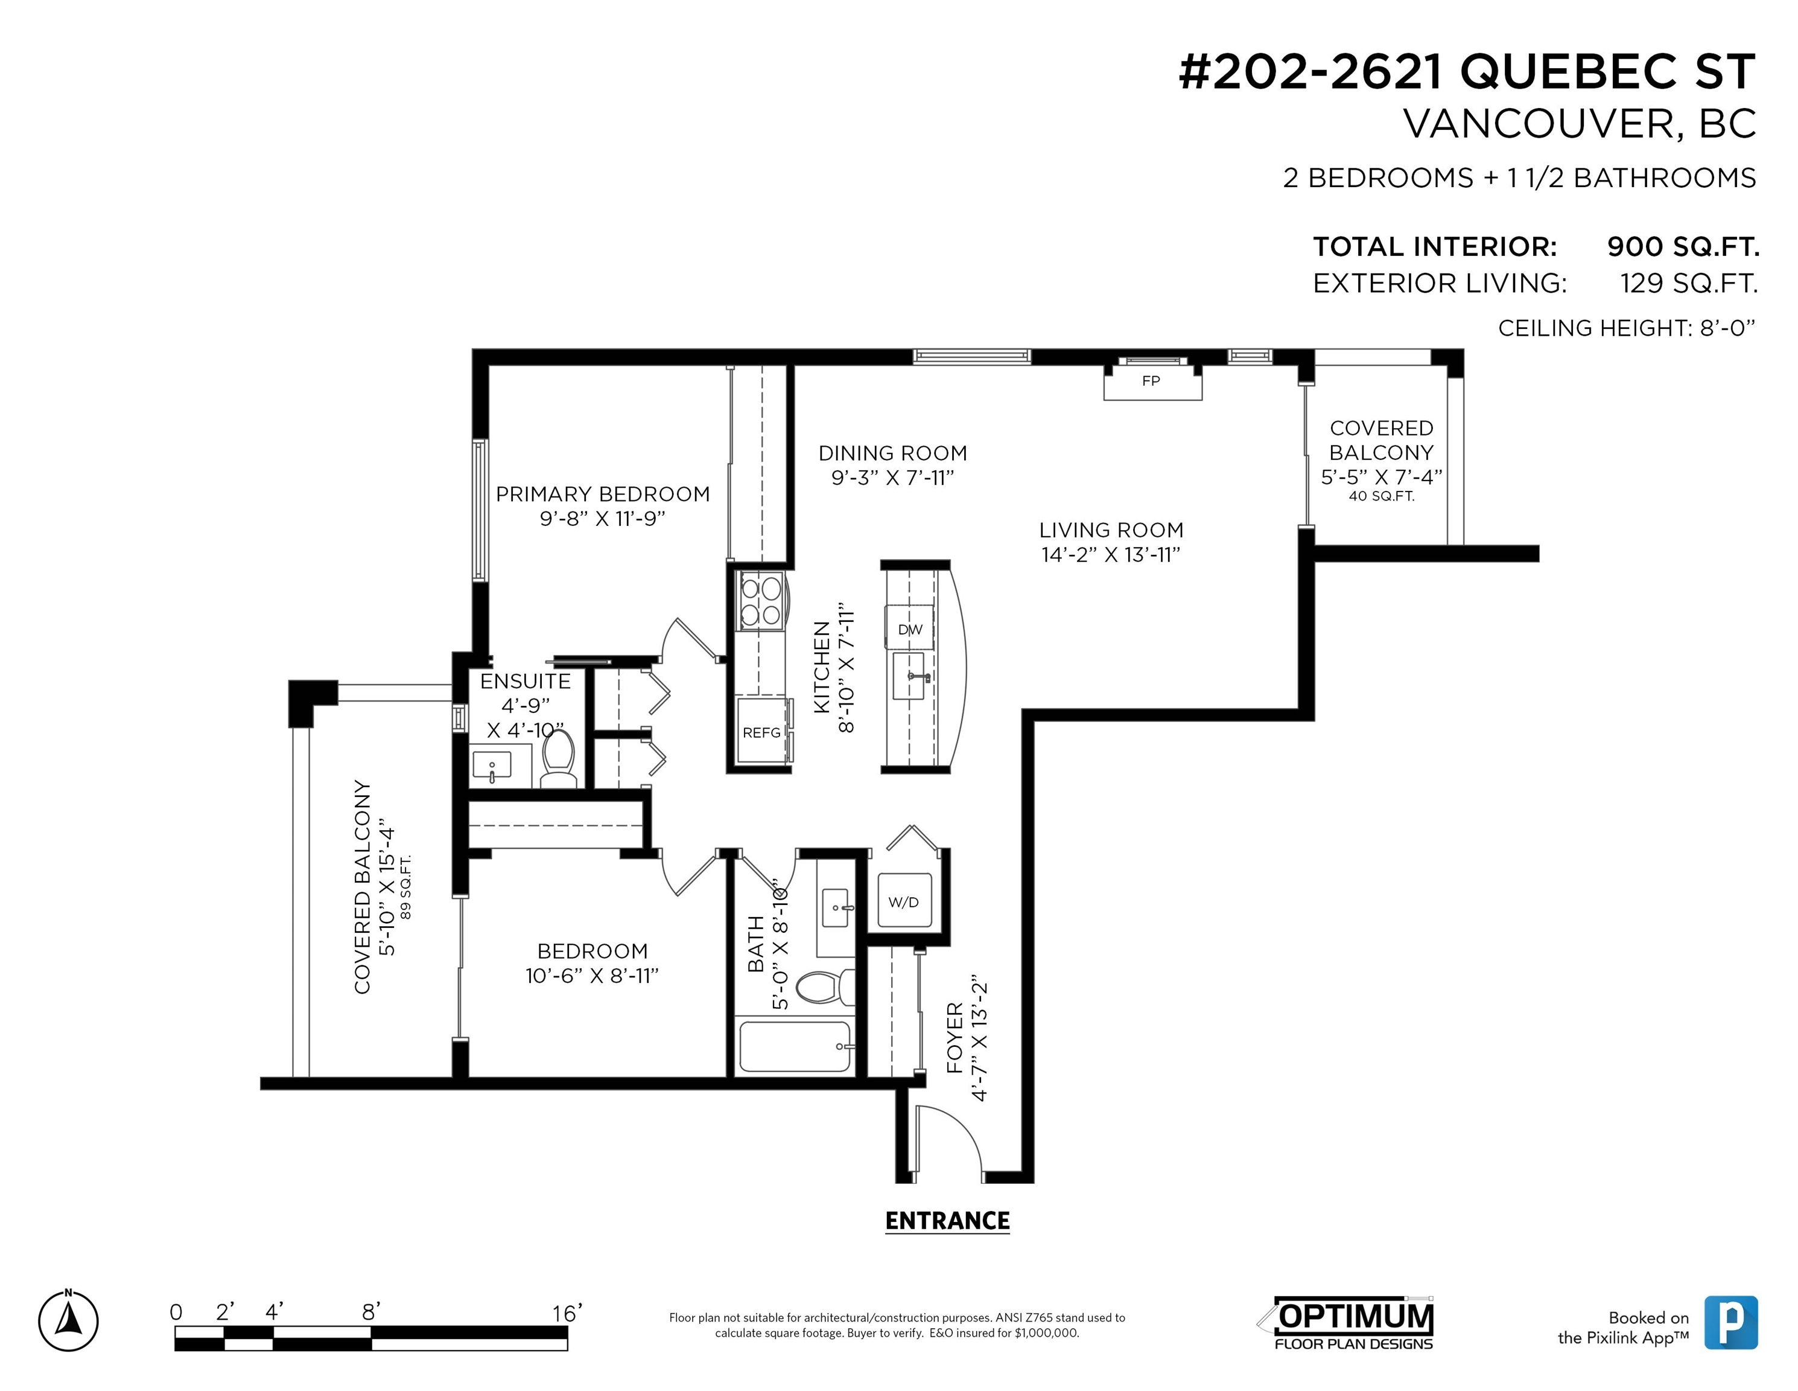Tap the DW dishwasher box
click(x=910, y=629)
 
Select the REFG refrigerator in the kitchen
click(x=761, y=732)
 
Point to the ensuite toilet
click(x=559, y=758)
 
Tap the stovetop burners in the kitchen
click(x=761, y=602)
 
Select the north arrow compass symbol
click(x=68, y=1321)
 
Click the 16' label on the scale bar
click(x=567, y=1313)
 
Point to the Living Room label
click(x=1111, y=529)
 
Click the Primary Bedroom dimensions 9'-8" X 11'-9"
click(x=603, y=518)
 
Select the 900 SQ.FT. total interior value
click(x=1683, y=246)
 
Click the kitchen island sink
click(x=910, y=676)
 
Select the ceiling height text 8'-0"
click(x=1728, y=328)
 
